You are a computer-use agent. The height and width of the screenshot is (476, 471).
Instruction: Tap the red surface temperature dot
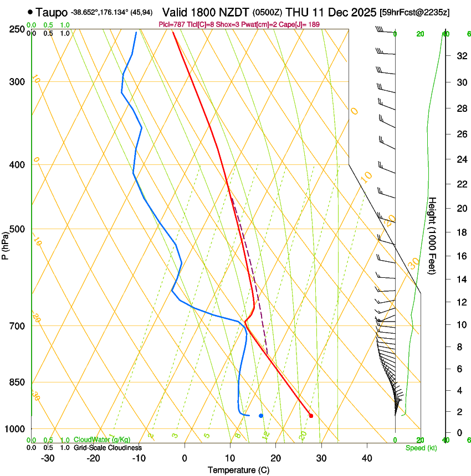(x=311, y=416)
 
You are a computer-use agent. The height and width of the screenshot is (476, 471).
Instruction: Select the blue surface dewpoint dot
(x=261, y=415)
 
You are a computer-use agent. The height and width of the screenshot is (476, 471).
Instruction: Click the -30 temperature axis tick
(x=48, y=458)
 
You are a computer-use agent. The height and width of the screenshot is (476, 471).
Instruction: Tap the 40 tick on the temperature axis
(x=366, y=458)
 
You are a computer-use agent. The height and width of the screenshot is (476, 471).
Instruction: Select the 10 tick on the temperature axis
(x=230, y=458)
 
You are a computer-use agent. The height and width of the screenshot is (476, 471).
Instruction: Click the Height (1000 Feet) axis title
(x=433, y=235)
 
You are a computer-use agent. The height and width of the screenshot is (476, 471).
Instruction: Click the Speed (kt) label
(x=421, y=448)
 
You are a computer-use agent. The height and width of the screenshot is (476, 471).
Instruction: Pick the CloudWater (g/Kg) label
(x=95, y=440)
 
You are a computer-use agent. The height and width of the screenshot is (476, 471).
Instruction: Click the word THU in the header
(x=296, y=12)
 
